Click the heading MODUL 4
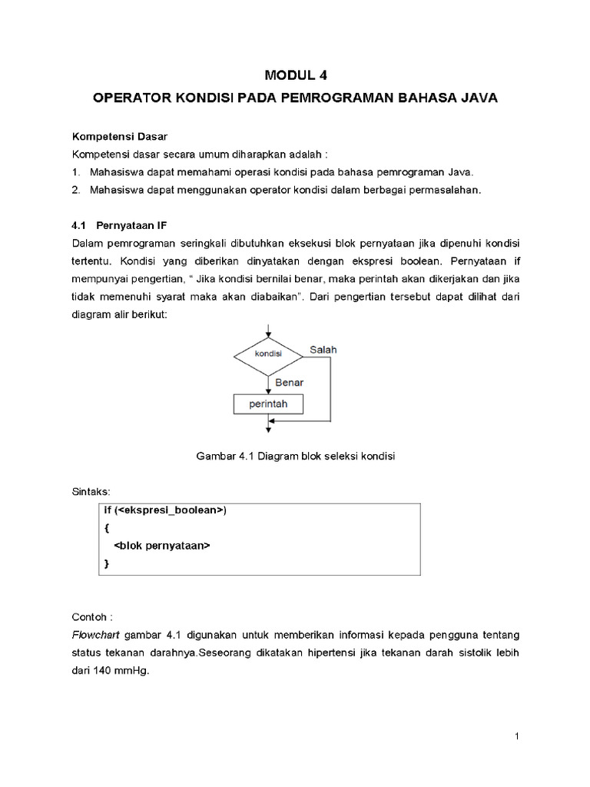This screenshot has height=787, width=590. (x=295, y=75)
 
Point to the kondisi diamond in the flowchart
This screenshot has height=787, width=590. (x=267, y=354)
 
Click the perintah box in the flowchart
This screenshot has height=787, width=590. (x=267, y=403)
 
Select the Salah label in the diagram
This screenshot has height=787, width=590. (x=323, y=350)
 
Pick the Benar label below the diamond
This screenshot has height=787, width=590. (x=289, y=381)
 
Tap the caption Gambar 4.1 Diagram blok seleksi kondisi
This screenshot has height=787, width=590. (x=295, y=456)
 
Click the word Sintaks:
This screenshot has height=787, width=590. (x=91, y=490)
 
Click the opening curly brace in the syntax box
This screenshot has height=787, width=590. (x=106, y=528)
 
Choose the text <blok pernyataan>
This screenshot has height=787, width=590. (x=161, y=546)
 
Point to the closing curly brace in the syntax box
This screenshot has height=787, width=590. (x=106, y=564)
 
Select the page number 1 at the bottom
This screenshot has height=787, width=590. (x=518, y=737)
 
